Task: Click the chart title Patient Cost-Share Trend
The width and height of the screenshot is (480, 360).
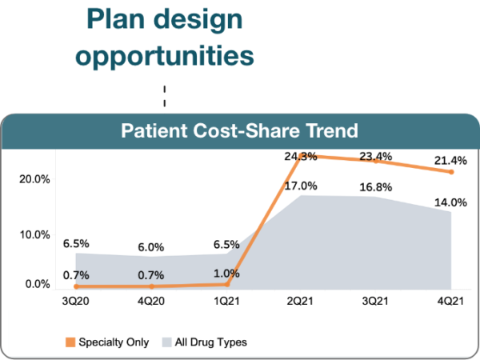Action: tap(239, 130)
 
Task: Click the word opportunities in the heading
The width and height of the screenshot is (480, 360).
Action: tap(169, 55)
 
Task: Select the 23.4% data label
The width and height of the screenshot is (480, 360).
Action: tap(376, 157)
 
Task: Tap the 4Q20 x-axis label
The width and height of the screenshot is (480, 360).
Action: tap(150, 302)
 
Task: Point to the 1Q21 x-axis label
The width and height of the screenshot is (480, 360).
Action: tap(226, 302)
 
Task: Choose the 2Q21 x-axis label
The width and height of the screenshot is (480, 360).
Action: tap(301, 302)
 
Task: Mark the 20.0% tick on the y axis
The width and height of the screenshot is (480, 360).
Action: tap(35, 180)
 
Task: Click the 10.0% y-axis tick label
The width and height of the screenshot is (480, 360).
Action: tap(35, 234)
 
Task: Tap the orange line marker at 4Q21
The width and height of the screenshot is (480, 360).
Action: tap(452, 172)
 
